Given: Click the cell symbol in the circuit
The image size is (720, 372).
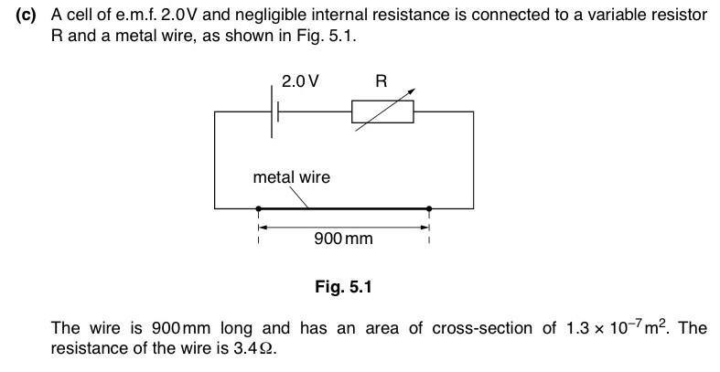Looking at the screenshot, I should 274,112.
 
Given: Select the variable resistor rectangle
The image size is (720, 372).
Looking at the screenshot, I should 382,112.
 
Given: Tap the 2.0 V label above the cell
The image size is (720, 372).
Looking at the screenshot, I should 300,81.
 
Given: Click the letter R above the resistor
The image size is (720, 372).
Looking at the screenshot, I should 381,81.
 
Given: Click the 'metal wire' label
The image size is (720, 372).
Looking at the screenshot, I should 291,176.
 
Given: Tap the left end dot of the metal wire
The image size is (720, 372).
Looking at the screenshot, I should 259,209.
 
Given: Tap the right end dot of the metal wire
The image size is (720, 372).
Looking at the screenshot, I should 429,209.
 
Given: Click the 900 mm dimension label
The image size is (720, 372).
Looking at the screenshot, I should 343,239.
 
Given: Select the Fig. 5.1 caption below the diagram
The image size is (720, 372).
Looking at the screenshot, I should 343,287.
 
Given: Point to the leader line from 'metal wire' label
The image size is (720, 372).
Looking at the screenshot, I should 299,197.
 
